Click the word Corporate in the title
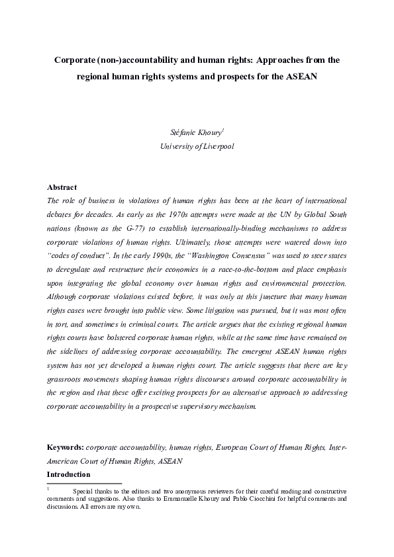pyautogui.click(x=74, y=60)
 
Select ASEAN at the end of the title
pyautogui.click(x=302, y=76)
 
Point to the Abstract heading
pyautogui.click(x=62, y=187)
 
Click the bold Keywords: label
pyautogui.click(x=65, y=448)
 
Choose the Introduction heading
pyautogui.click(x=69, y=475)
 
